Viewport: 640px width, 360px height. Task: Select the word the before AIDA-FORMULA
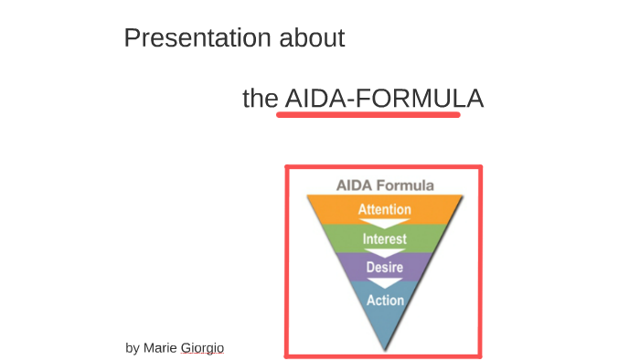tap(260, 99)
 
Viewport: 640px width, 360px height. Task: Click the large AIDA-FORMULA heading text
tap(383, 99)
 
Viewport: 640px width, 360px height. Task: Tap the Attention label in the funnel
tap(384, 209)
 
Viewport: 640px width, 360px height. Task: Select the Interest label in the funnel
tap(384, 239)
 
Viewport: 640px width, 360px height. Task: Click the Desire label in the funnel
tap(384, 267)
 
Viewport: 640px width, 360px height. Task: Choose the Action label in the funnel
tap(384, 299)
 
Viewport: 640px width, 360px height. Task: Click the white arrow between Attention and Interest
tap(384, 224)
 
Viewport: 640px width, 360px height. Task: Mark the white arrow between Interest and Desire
tap(384, 253)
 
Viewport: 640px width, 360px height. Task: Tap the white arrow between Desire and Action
tap(384, 283)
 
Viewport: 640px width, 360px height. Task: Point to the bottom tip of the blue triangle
tap(385, 348)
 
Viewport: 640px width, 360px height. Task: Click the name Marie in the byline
tap(161, 348)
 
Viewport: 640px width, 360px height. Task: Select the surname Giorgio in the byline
tap(202, 348)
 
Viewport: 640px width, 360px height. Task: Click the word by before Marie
tap(133, 348)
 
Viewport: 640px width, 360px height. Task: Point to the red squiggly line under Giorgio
tap(202, 355)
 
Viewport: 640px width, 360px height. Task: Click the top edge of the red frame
tap(383, 167)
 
